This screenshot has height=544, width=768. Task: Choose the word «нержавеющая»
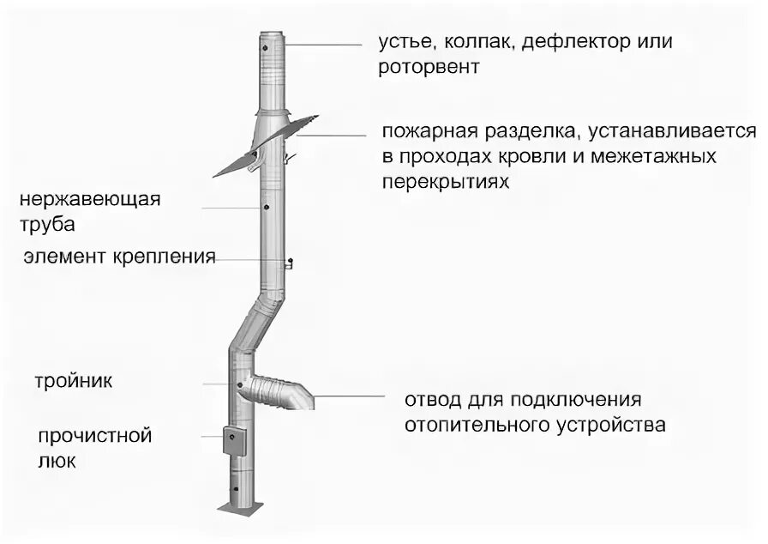92,200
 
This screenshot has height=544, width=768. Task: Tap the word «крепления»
165,257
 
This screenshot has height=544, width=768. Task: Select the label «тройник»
74,379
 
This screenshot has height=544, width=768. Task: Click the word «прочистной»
94,435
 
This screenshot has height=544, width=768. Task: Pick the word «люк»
57,462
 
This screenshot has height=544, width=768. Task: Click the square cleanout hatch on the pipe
232,440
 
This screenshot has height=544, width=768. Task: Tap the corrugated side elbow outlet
279,392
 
